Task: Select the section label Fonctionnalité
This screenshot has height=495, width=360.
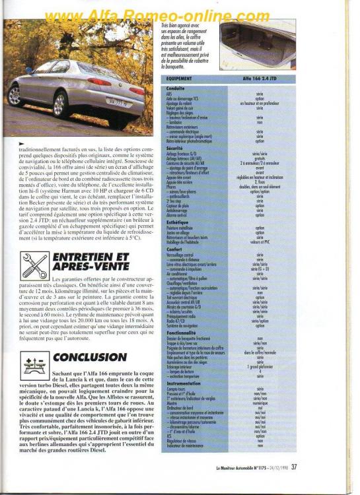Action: tap(181, 332)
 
